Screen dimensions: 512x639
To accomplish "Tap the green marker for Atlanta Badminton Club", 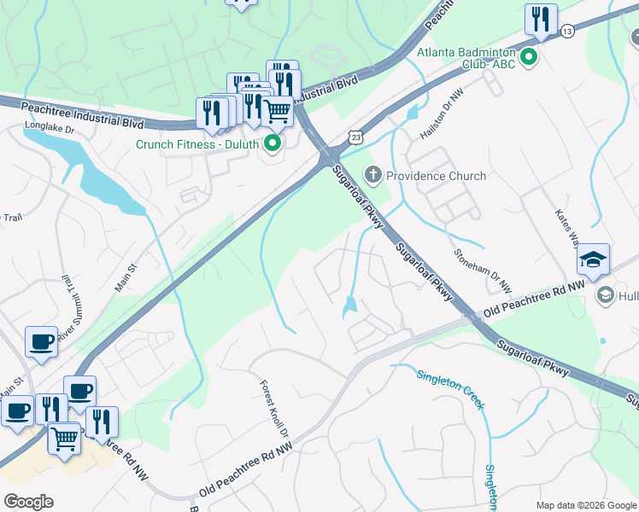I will point(529,57).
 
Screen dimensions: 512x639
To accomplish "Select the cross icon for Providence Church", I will point(372,175).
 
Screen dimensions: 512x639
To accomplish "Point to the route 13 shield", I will point(567,31).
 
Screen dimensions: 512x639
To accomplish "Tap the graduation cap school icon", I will point(593,259).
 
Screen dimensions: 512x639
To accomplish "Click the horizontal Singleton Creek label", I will point(449,387).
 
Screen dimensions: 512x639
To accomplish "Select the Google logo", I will point(28,502).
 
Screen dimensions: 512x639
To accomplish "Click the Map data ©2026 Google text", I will point(585,505).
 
